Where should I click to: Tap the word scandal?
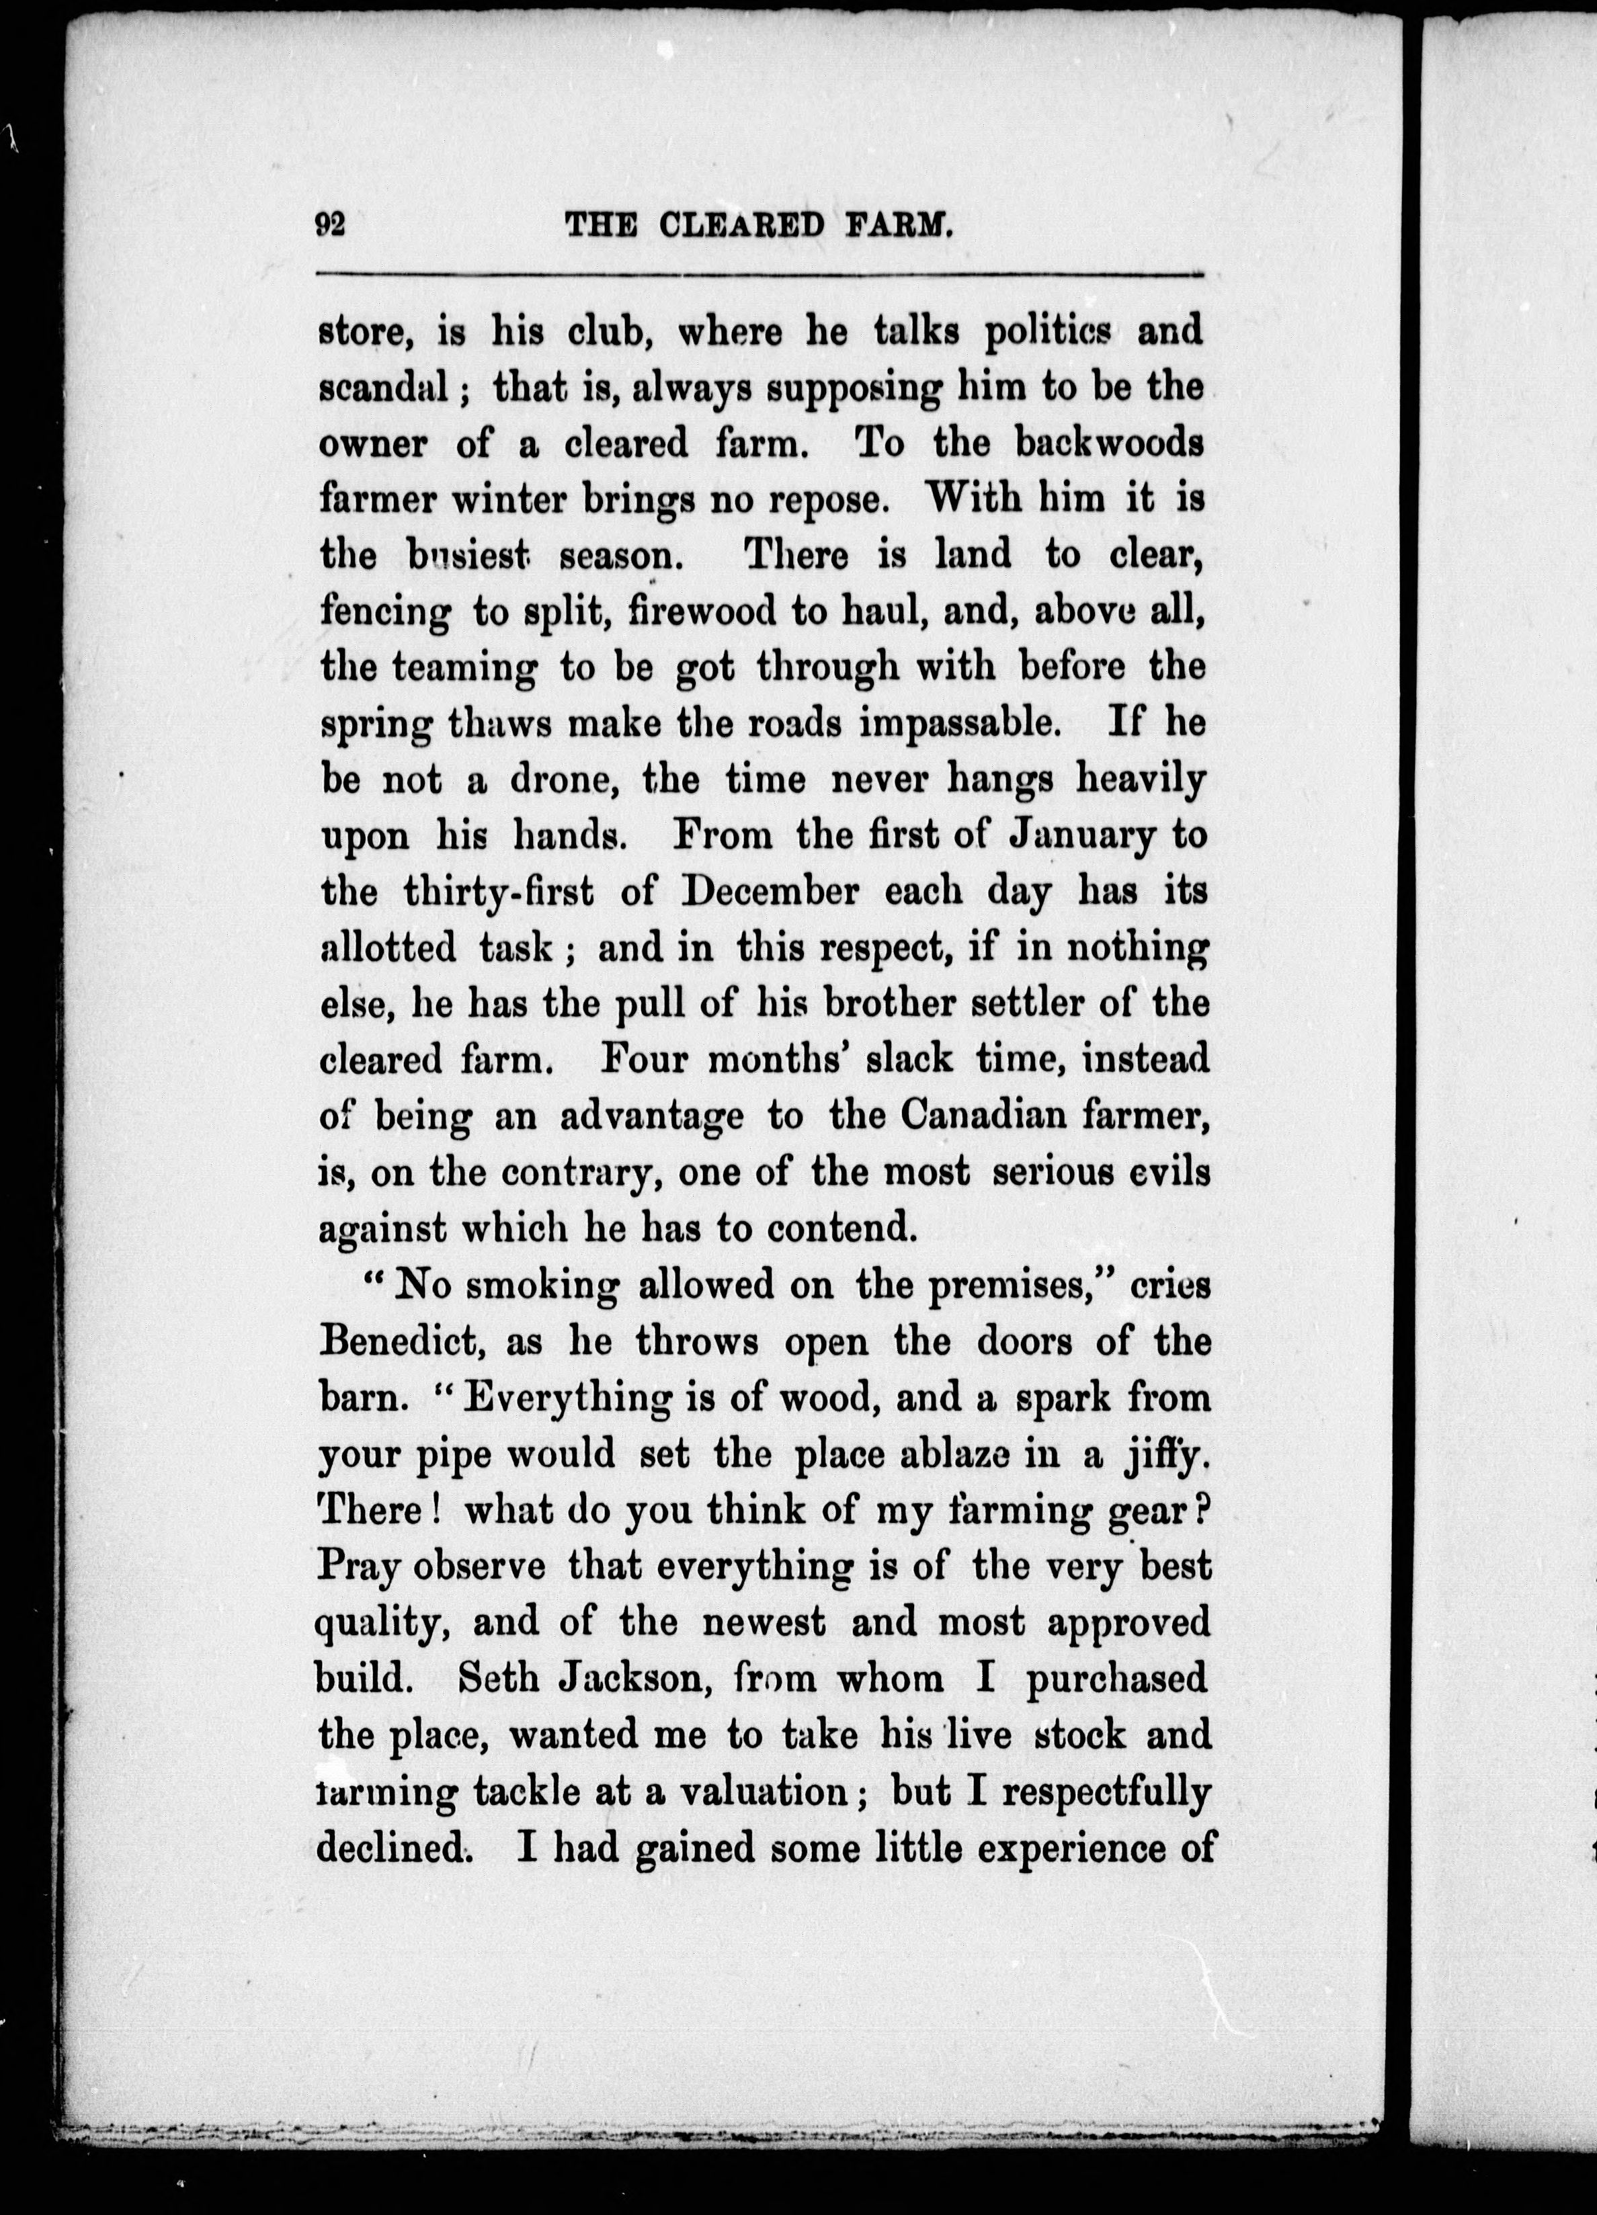click(x=384, y=388)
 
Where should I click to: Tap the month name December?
click(x=772, y=892)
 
